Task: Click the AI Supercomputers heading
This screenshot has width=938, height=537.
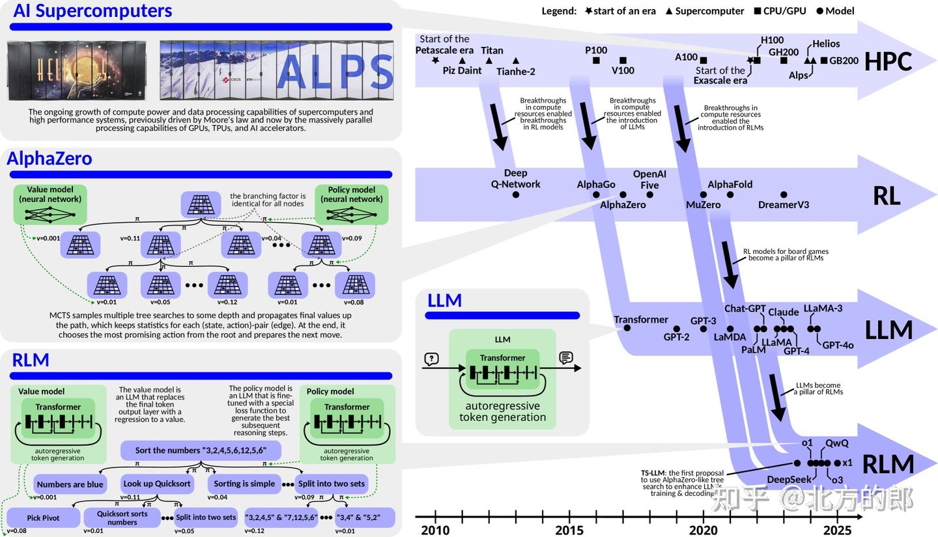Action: pyautogui.click(x=92, y=11)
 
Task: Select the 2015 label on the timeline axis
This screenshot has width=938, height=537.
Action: pyautogui.click(x=569, y=530)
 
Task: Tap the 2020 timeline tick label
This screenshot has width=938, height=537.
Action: pyautogui.click(x=703, y=530)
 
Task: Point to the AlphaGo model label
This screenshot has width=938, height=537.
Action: pyautogui.click(x=596, y=184)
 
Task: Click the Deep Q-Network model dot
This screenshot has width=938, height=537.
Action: pyautogui.click(x=516, y=195)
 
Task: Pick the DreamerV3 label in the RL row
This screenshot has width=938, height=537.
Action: pyautogui.click(x=784, y=204)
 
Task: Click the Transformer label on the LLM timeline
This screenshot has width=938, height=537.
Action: pyautogui.click(x=641, y=319)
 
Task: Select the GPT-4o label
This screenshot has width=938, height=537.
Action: pyautogui.click(x=838, y=345)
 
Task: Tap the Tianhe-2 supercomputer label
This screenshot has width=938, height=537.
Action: pyautogui.click(x=516, y=72)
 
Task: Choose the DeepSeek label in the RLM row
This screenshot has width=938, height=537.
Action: pyautogui.click(x=789, y=480)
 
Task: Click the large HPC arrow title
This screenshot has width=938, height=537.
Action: pyautogui.click(x=888, y=61)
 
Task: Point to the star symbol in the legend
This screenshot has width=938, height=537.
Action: pyautogui.click(x=588, y=11)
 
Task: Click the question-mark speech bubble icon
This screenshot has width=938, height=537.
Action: pyautogui.click(x=431, y=359)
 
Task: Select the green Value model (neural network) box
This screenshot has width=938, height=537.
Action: pyautogui.click(x=50, y=204)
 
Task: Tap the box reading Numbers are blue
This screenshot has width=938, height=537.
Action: pyautogui.click(x=70, y=484)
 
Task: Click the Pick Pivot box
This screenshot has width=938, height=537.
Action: pyautogui.click(x=43, y=517)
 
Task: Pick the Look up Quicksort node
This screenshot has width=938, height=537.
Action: pyautogui.click(x=157, y=484)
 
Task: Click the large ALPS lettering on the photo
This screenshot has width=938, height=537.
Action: pyautogui.click(x=335, y=71)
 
